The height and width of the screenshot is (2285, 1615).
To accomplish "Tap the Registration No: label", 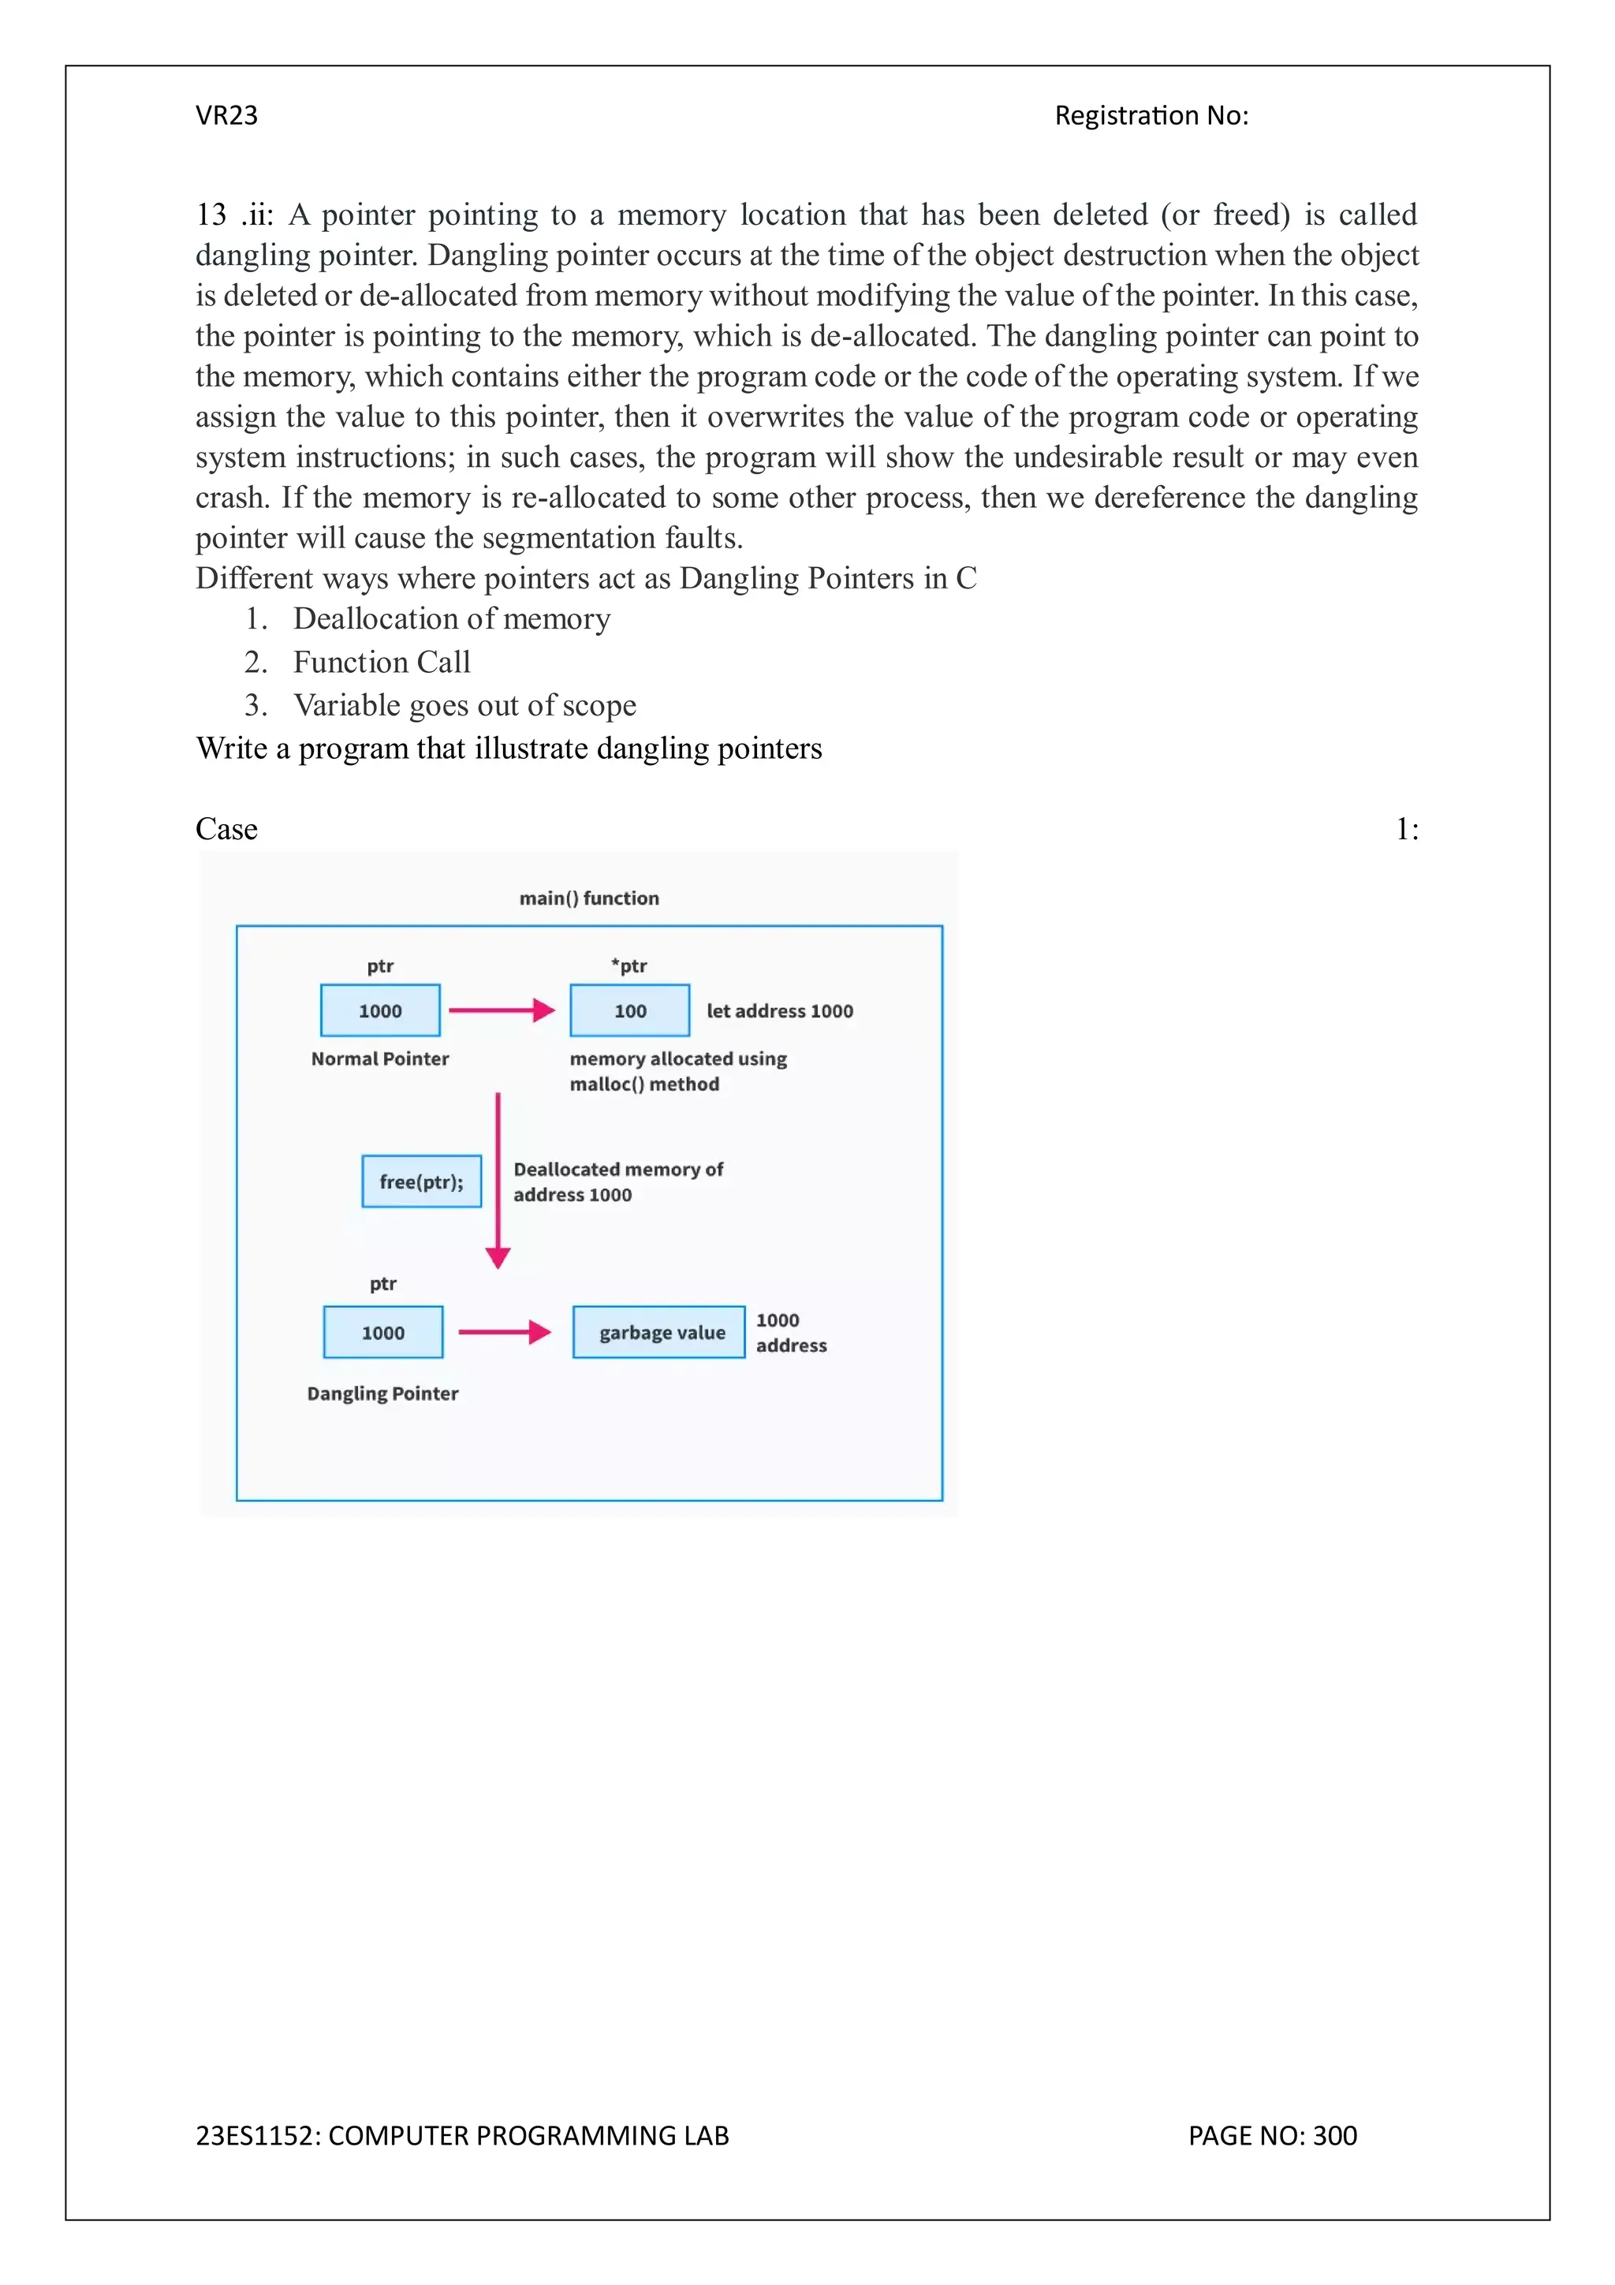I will [1151, 115].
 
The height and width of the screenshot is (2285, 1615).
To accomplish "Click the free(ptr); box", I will [421, 1182].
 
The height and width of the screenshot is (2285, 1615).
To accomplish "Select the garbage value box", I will [658, 1331].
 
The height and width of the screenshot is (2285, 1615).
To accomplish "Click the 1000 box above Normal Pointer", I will [380, 1010].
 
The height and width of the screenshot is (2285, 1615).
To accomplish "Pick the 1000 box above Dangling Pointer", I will [383, 1331].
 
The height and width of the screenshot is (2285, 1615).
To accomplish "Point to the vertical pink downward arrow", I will [498, 1179].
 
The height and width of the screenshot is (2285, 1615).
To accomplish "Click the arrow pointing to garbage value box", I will [505, 1331].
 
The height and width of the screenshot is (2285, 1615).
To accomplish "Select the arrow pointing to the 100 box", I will [502, 1010].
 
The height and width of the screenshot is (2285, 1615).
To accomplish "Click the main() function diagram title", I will [589, 898].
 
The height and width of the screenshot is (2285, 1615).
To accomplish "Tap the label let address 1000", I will [779, 1011].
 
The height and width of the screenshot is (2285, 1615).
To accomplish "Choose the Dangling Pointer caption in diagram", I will [382, 1393].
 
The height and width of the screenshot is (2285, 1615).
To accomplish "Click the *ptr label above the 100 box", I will [628, 965].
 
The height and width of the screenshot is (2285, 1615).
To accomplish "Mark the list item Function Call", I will [381, 662].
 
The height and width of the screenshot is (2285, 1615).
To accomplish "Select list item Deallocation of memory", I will [451, 618].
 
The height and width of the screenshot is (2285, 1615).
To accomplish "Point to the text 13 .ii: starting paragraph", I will [234, 215].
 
